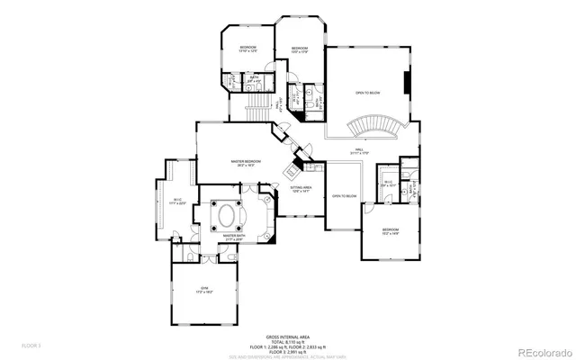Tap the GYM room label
point(204,288)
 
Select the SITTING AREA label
point(301,187)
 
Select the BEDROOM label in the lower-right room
point(390,230)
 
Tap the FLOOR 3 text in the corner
point(31,344)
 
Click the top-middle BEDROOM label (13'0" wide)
point(299,49)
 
